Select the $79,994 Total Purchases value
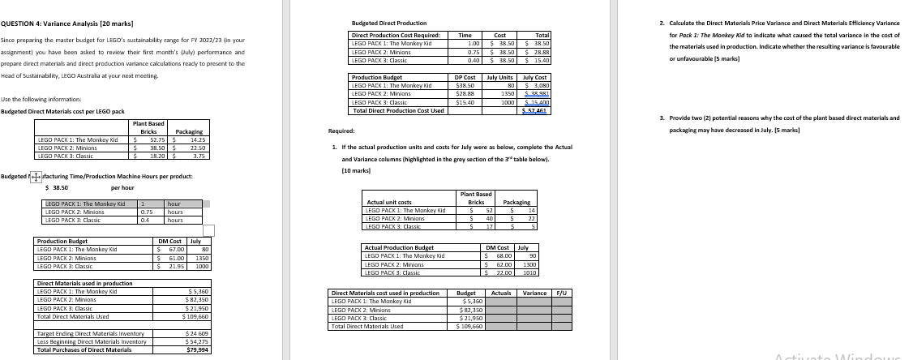[198, 349]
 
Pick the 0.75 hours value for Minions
[147, 212]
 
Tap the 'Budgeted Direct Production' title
[388, 24]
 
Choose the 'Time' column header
[466, 36]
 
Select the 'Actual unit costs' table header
[390, 202]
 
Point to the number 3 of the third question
[662, 118]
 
